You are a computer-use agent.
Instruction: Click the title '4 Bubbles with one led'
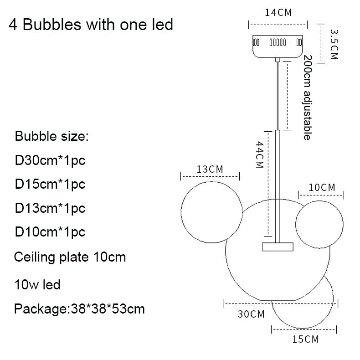[x=91, y=24]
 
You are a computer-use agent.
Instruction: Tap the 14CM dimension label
[x=278, y=12]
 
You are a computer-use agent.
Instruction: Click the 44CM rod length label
[x=259, y=155]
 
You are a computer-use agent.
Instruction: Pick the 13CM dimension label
[x=210, y=169]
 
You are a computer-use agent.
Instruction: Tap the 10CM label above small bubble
[x=322, y=187]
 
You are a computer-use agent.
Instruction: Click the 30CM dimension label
[x=251, y=314]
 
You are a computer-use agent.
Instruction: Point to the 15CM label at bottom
[x=305, y=339]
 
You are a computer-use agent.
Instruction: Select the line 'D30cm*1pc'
[x=50, y=160]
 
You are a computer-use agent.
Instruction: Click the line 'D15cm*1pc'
[x=50, y=184]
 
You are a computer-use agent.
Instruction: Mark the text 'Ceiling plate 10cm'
[x=70, y=257]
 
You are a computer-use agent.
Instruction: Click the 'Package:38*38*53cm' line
[x=79, y=309]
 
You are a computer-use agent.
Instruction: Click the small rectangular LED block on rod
[x=278, y=247]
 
